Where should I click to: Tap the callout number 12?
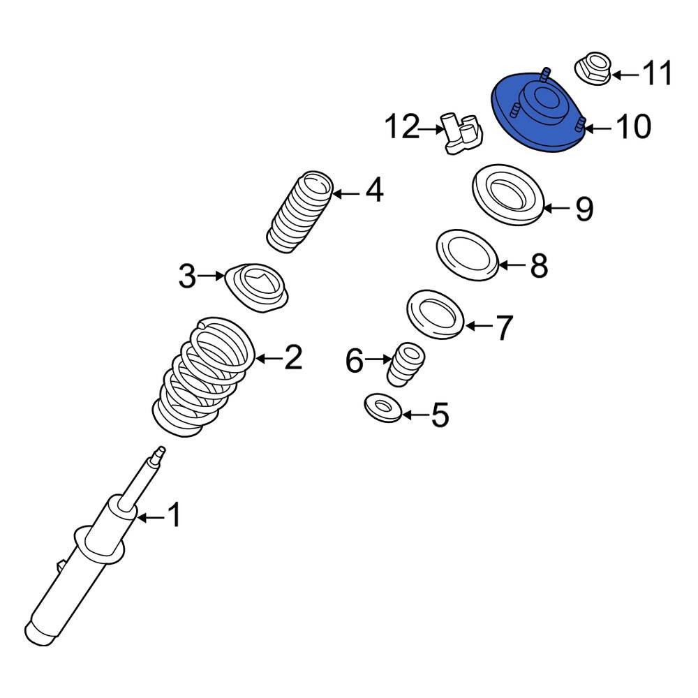point(403,127)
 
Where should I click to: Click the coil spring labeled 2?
point(204,376)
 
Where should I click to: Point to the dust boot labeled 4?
point(299,212)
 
